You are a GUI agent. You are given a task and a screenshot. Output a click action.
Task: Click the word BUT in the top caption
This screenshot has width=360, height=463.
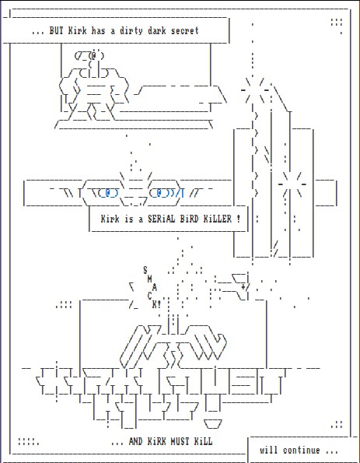pyautogui.click(x=56, y=30)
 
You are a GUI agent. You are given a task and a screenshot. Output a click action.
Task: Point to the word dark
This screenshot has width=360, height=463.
pyautogui.click(x=158, y=30)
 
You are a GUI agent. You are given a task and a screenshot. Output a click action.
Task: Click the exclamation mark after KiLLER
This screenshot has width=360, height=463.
pyautogui.click(x=238, y=219)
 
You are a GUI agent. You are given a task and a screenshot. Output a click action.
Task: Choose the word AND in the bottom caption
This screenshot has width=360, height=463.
pyautogui.click(x=136, y=441)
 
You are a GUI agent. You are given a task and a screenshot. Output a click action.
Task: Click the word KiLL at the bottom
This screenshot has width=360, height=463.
pyautogui.click(x=203, y=441)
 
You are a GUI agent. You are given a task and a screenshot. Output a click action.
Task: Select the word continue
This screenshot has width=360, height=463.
pyautogui.click(x=301, y=451)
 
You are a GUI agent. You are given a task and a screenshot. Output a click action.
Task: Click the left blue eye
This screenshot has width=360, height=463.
pyautogui.click(x=108, y=194)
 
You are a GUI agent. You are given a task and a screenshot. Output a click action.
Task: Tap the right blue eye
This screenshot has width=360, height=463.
pyautogui.click(x=160, y=194)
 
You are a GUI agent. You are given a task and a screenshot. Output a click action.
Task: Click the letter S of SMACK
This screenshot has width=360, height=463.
pyautogui.click(x=145, y=269)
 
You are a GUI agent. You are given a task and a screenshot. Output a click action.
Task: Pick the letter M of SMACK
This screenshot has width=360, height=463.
pyautogui.click(x=150, y=279)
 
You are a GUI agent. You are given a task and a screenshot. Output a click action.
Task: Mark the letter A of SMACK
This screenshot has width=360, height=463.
pyautogui.click(x=154, y=287)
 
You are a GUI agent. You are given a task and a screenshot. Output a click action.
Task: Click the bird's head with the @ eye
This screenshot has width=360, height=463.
pyautogui.click(x=89, y=56)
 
